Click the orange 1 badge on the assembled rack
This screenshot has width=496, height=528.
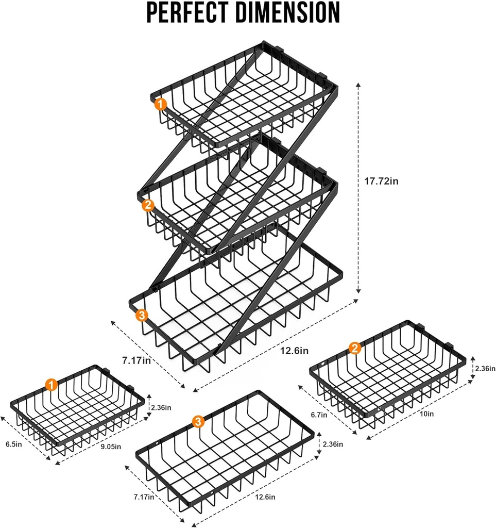[x=161, y=105]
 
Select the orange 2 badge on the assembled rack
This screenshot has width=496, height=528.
[x=148, y=205]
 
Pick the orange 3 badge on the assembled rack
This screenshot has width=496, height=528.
[x=142, y=315]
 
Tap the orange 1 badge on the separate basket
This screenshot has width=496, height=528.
[x=50, y=384]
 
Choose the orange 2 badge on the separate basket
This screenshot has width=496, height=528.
[x=354, y=349]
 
